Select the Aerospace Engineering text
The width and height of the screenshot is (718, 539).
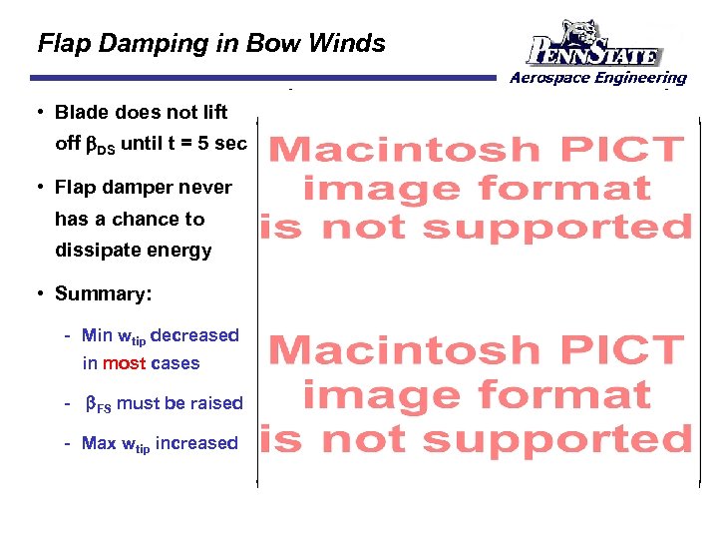[598, 77]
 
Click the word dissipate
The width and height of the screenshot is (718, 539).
[97, 251]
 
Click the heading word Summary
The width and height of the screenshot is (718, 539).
[100, 293]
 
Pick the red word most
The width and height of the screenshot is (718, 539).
[125, 363]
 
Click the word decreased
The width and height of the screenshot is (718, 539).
[194, 335]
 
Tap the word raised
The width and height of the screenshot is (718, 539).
[216, 402]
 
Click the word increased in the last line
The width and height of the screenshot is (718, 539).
[197, 442]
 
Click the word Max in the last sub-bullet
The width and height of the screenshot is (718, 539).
[99, 442]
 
